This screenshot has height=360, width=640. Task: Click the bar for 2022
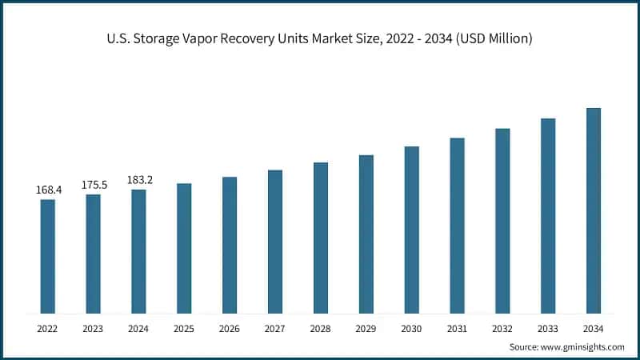point(48,256)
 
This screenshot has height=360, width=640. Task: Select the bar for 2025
point(184,248)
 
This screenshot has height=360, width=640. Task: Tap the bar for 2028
point(321,238)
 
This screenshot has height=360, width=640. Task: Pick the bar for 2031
point(457,225)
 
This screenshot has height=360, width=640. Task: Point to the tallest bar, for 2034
point(594,210)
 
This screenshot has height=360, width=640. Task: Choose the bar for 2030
point(411,230)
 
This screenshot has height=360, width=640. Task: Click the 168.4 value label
point(48,190)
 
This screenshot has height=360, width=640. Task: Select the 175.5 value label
point(94,185)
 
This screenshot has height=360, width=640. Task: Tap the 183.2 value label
point(139,180)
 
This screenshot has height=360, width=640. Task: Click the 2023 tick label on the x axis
point(94,328)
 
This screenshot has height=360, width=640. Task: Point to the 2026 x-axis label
point(230,328)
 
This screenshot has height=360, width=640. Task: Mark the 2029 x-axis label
point(366,328)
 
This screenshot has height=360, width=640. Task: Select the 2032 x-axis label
point(502,328)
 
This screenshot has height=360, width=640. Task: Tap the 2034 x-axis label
point(594,328)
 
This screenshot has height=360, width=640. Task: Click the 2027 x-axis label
point(275,328)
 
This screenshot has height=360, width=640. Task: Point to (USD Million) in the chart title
point(490,38)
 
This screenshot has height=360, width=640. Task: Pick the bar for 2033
point(548,215)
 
